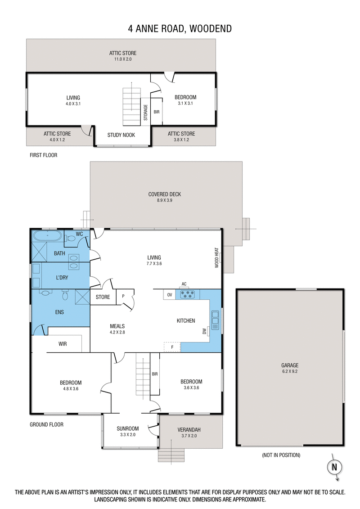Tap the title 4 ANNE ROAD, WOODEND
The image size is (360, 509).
[180, 29]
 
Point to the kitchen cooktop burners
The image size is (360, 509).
[187, 295]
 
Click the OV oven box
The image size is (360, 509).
[170, 295]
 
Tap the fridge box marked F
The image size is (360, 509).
[172, 347]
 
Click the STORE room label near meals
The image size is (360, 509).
[103, 297]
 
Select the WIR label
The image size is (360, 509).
[63, 344]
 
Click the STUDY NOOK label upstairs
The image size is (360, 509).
[121, 135]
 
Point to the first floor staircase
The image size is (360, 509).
[131, 107]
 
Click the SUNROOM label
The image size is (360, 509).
[128, 428]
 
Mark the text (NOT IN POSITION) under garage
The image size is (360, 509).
[281, 455]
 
